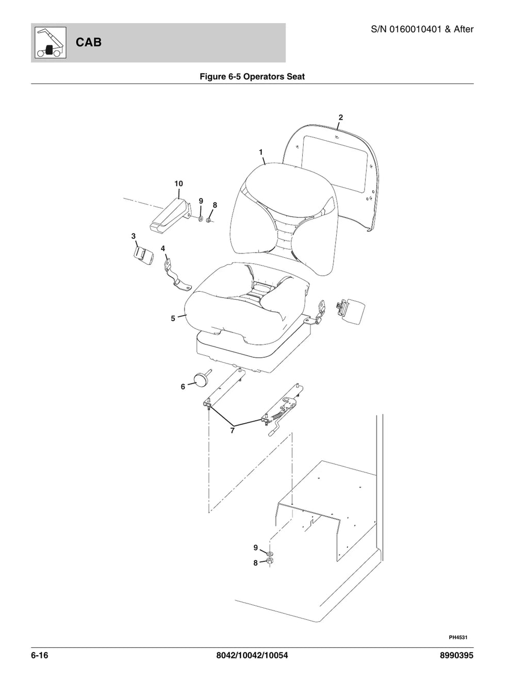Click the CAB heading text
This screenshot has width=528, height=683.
coord(88,42)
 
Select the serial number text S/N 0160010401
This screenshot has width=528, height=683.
coord(406,29)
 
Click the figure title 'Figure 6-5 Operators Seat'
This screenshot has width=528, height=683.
coord(252,76)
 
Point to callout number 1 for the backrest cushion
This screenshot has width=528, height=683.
coord(260,152)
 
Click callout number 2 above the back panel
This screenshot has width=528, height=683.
coord(341,118)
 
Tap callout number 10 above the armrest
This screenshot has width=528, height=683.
coord(178,184)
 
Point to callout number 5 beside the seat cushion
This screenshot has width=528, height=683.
coord(173,319)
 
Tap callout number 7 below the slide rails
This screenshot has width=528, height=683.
coord(232,430)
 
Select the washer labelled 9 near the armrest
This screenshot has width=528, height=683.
coord(201,218)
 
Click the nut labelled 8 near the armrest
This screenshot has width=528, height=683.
coord(208,220)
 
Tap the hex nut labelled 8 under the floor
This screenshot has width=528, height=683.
coord(269,561)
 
